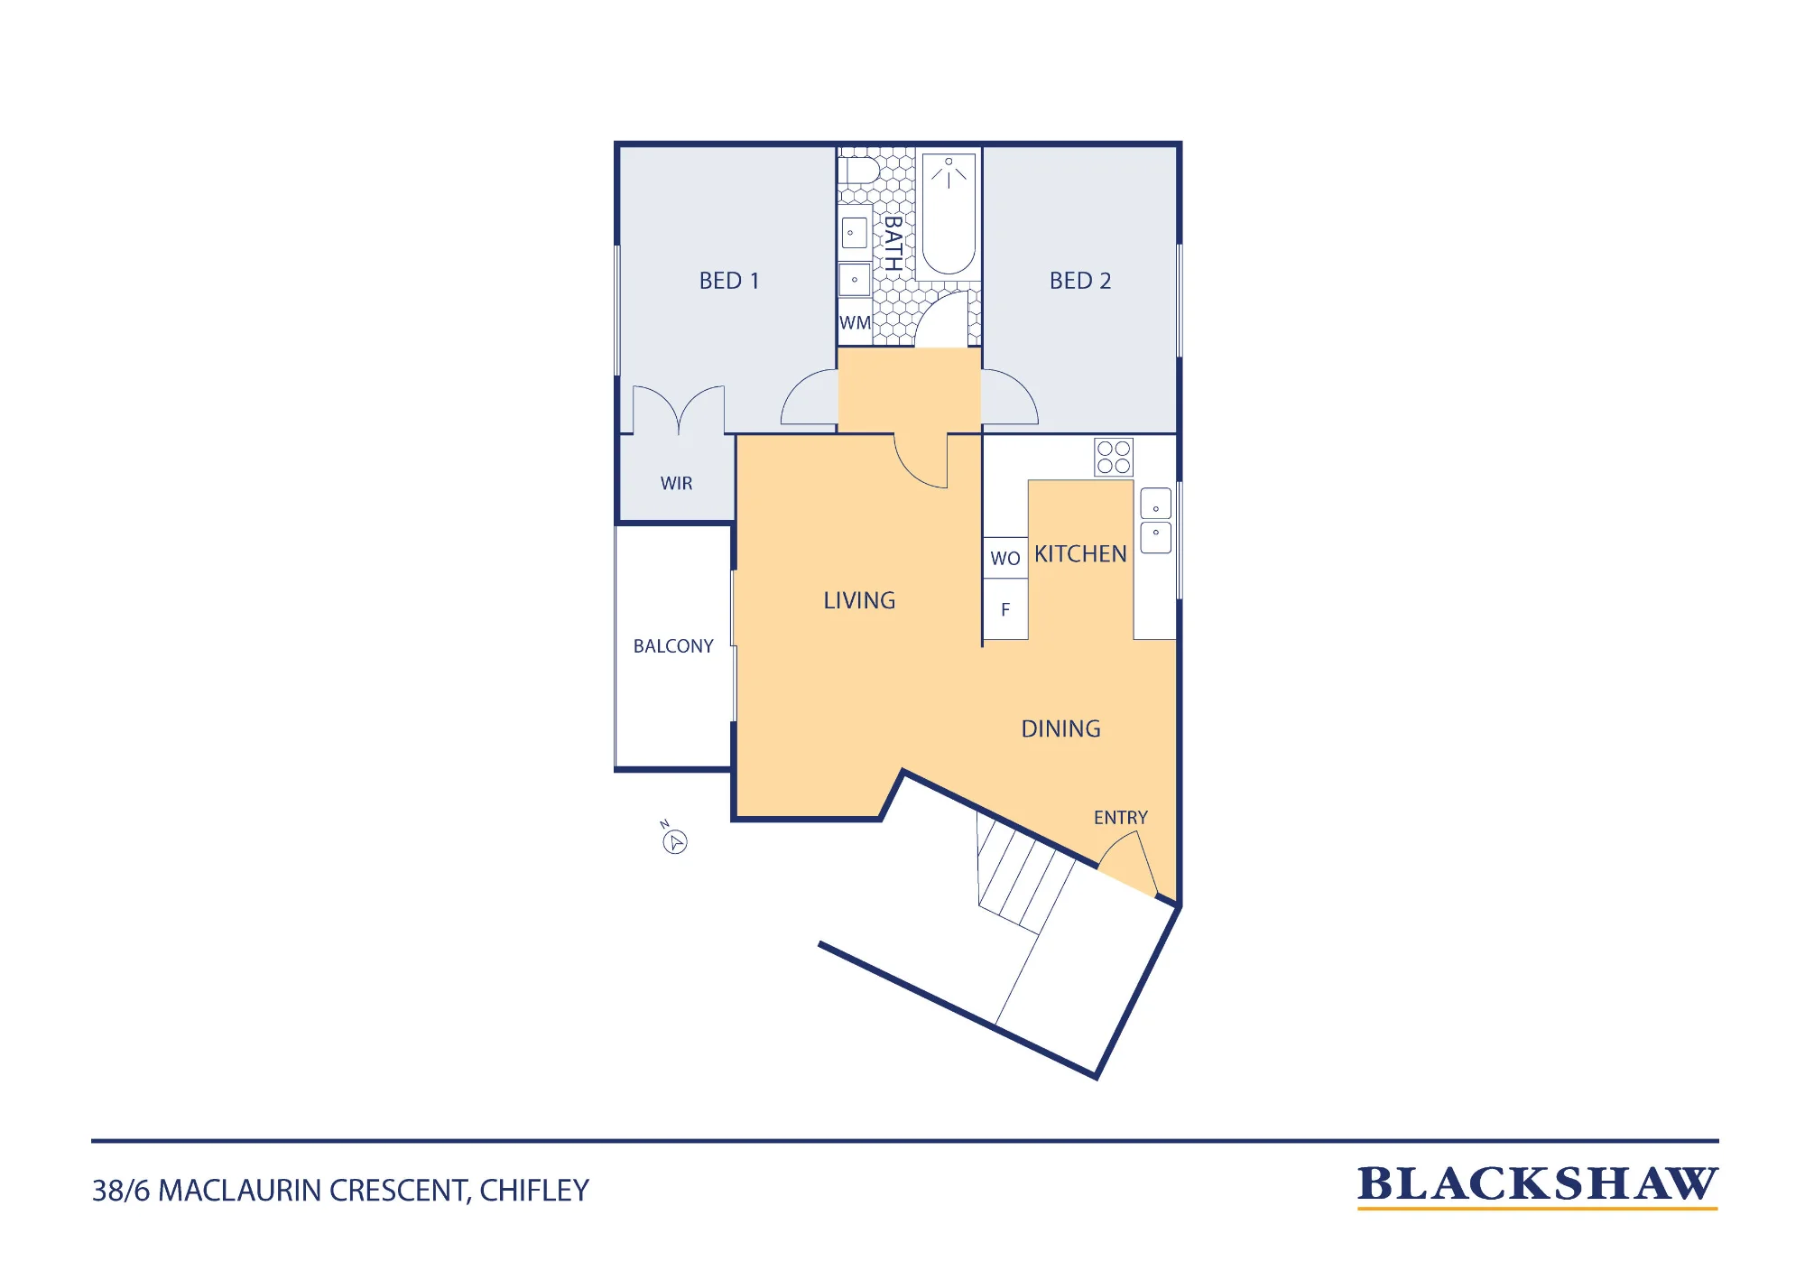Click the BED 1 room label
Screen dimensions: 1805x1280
729,281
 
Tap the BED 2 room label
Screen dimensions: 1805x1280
1080,281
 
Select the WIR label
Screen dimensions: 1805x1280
676,484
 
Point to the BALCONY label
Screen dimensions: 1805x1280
673,646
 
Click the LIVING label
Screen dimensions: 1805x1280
859,600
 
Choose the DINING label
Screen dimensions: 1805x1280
1060,728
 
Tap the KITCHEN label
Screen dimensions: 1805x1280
1080,554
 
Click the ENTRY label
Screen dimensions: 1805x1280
1121,818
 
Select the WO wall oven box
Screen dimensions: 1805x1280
1005,558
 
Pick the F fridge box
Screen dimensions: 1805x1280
1005,609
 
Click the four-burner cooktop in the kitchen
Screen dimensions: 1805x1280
1114,458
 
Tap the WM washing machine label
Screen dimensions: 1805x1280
855,323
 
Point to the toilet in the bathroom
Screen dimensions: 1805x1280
858,171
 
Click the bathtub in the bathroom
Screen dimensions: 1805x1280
949,214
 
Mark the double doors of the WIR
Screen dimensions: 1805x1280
679,409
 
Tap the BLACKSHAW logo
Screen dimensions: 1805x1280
1538,1186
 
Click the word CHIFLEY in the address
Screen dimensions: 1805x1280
534,1191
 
